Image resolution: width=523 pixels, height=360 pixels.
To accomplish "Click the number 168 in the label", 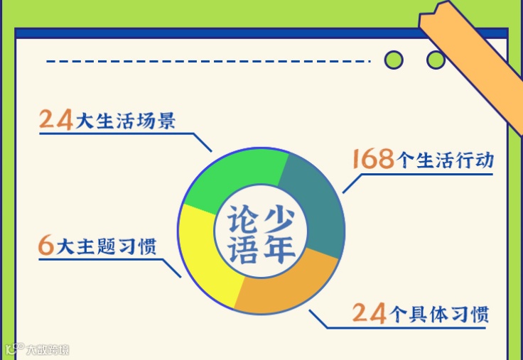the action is [x=373, y=159].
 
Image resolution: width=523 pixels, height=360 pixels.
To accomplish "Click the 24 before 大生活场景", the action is [x=56, y=119].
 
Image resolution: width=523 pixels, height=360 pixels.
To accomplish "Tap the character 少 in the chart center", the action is [x=279, y=215].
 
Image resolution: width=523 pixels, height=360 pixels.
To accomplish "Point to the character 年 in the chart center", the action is [x=279, y=248].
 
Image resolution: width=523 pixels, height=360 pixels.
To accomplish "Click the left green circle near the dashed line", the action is [x=393, y=60].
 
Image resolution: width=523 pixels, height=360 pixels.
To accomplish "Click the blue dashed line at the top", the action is [x=206, y=62].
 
